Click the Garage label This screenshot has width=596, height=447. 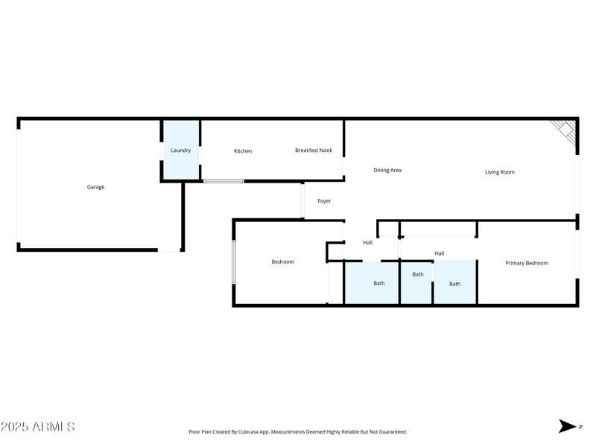point(95,187)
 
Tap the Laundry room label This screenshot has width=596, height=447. point(180,150)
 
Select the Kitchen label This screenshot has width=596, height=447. point(243,151)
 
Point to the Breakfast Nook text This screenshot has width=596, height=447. point(314,150)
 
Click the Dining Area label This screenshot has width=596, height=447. point(387,171)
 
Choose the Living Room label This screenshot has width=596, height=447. point(500,172)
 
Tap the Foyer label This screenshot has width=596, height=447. point(324,201)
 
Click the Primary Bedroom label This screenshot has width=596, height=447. point(527,263)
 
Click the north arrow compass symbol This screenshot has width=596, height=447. point(568,426)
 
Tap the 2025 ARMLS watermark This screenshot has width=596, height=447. point(38,427)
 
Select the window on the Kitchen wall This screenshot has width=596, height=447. point(223,181)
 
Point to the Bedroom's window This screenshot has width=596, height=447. point(234,261)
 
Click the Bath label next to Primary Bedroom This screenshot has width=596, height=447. point(454,284)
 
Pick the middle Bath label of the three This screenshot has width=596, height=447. point(418,274)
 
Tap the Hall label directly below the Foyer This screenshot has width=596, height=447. point(367,243)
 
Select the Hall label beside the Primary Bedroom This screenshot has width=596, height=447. point(440,253)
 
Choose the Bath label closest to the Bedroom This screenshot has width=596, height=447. point(379,283)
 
